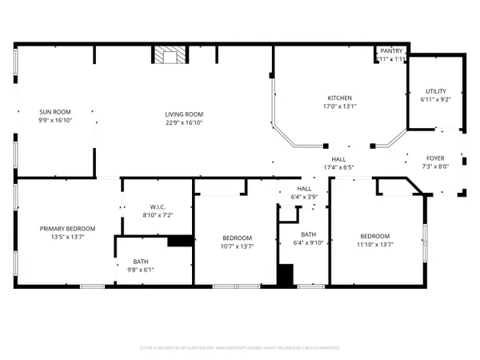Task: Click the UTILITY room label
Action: (435, 91)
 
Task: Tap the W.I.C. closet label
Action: (157, 206)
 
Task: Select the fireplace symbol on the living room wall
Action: (170, 56)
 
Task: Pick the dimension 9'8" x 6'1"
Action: (140, 270)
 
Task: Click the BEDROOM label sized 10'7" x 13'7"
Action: (237, 238)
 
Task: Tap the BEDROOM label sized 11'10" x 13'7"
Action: (374, 236)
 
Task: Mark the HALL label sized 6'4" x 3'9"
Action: (304, 188)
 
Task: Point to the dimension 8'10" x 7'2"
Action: (157, 215)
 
